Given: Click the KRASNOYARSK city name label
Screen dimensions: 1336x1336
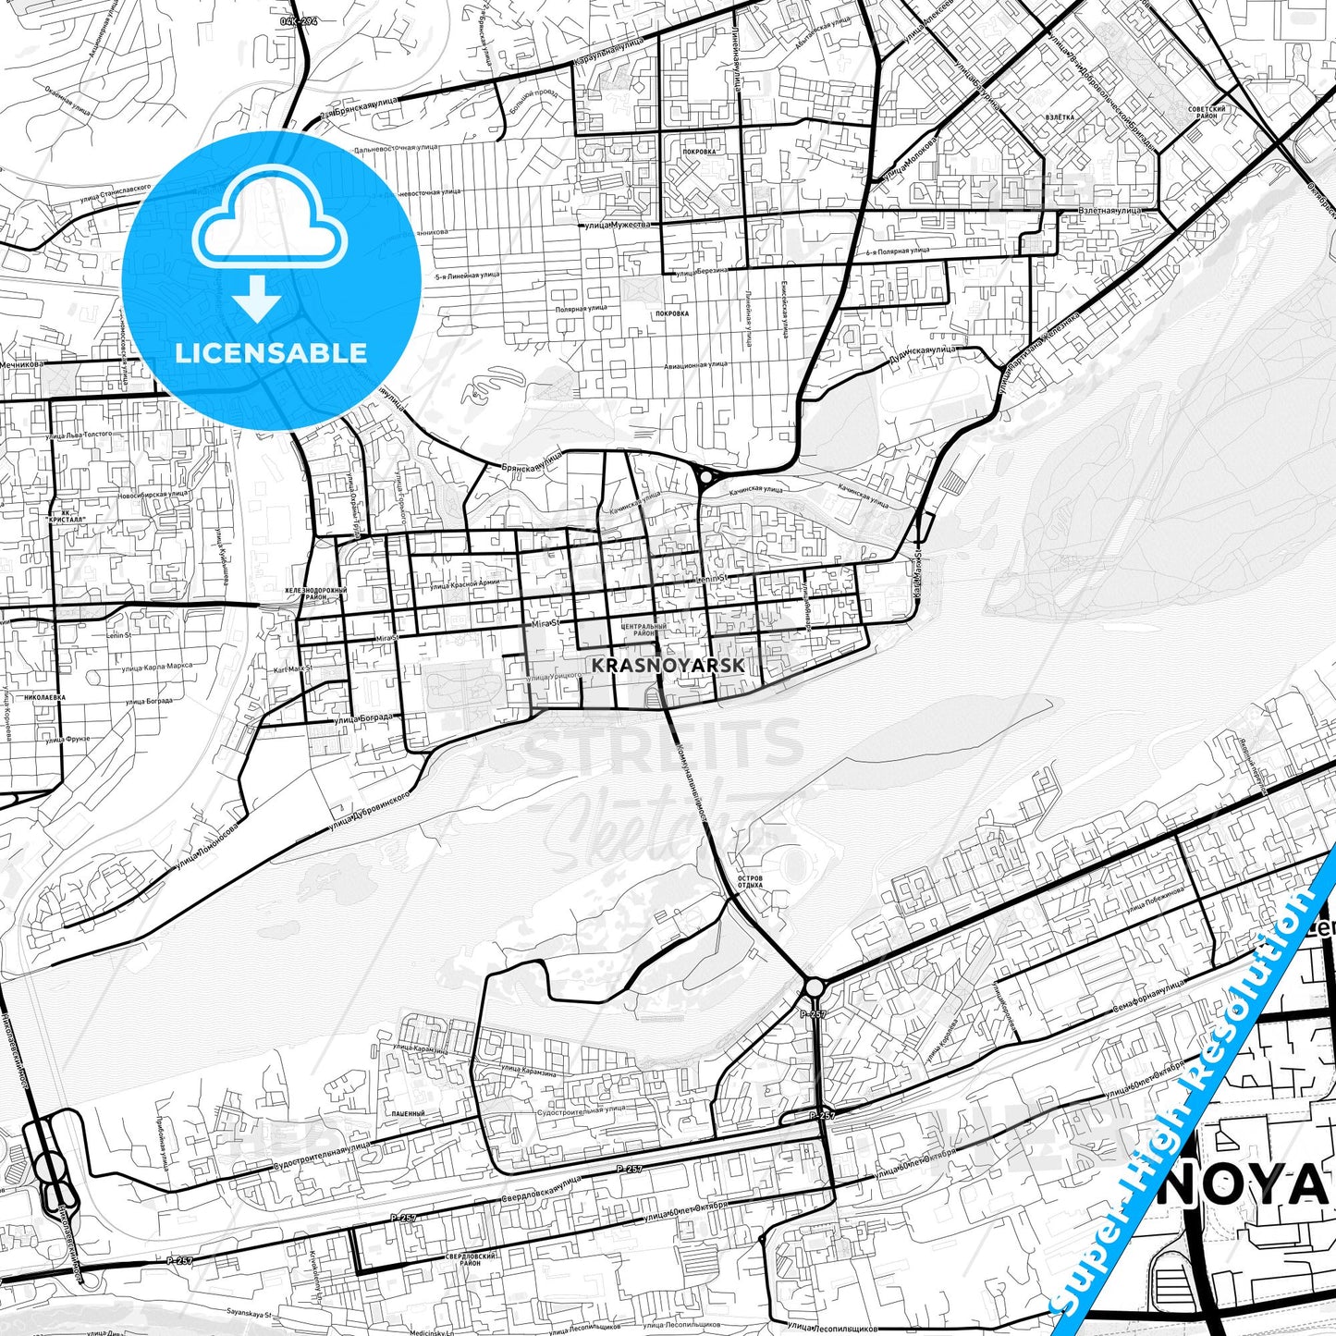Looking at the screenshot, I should point(668,665).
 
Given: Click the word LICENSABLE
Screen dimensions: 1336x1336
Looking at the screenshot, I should point(271,352).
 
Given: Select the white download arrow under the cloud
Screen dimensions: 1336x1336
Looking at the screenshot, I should point(258,300).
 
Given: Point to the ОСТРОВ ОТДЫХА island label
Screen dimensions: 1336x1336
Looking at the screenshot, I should point(751,881).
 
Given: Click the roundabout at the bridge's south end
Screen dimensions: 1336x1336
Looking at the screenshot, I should point(814,987).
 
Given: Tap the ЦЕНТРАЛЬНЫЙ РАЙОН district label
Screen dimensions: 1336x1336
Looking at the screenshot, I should point(644,631).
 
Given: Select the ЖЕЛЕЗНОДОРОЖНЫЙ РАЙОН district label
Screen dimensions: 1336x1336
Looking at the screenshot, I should point(317,594).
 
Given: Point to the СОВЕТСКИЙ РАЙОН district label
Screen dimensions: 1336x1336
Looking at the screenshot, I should point(1207,113).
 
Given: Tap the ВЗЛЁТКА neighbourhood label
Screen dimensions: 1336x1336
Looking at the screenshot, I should point(1060,117).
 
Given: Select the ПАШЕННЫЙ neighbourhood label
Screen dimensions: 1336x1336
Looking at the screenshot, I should point(408,1113).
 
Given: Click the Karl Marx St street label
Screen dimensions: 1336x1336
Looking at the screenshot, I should point(294,668).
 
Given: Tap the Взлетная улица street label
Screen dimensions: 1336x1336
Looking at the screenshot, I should point(1110,211).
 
